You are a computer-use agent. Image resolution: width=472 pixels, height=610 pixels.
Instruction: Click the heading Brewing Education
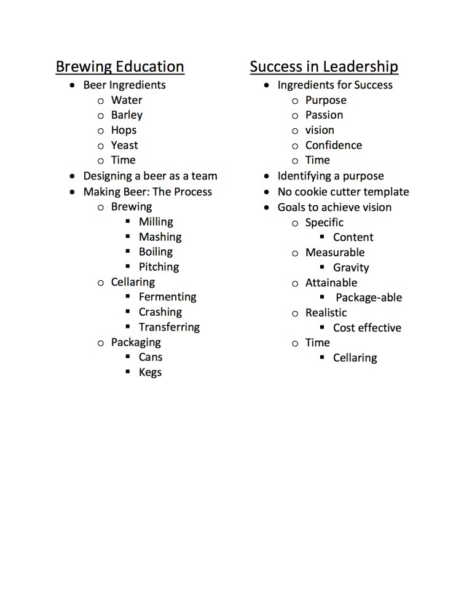(120, 66)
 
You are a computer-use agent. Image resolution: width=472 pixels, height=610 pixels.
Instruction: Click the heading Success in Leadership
(324, 66)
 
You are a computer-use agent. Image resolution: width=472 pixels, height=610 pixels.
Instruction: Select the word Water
(127, 100)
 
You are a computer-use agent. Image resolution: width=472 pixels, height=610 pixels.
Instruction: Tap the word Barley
(127, 115)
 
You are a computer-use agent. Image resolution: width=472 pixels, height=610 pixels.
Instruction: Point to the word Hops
(124, 130)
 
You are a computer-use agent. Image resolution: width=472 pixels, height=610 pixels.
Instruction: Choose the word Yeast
(125, 145)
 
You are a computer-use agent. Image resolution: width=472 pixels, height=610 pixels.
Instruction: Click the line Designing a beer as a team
(150, 176)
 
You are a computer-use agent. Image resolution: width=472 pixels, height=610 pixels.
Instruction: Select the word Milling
(156, 222)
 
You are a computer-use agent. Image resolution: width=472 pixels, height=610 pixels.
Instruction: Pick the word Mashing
(160, 237)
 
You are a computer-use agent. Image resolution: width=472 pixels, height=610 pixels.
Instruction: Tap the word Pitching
(159, 267)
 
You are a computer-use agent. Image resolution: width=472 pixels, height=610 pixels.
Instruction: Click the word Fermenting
(168, 297)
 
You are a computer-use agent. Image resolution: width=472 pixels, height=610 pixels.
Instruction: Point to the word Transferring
(169, 327)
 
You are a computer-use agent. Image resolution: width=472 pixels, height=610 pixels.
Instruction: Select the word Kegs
(150, 372)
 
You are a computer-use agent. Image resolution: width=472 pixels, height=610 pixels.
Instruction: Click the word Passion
(324, 115)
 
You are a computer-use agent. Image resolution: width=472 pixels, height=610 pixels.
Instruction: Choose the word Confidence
(334, 145)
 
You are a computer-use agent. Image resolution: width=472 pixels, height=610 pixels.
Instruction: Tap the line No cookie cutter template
(343, 192)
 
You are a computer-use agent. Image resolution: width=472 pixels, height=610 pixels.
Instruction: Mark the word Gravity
(351, 267)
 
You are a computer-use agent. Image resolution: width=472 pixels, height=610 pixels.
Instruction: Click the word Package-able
(369, 297)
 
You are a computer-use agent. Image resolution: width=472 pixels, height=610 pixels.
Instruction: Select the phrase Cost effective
(367, 327)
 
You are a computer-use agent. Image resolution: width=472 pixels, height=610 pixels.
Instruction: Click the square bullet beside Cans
(128, 356)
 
